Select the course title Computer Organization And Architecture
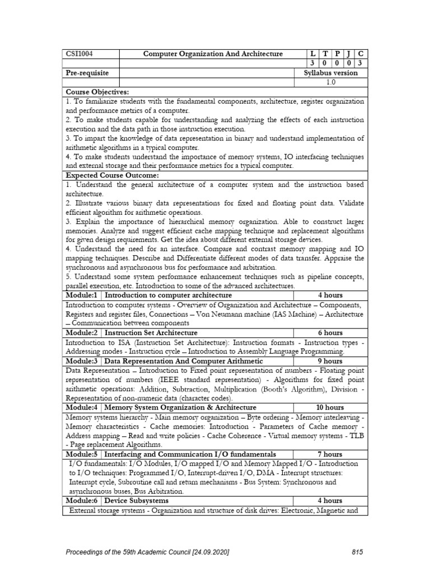point(213,54)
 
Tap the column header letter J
point(348,54)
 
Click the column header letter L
point(312,54)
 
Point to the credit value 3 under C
point(360,63)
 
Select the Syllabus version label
point(330,73)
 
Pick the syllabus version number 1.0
point(330,82)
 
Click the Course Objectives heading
point(97,92)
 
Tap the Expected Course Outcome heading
point(108,176)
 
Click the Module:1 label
point(82,295)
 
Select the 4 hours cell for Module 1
point(330,295)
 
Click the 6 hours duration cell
point(330,333)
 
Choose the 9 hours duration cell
point(330,361)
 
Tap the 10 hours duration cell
point(330,407)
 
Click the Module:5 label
point(82,454)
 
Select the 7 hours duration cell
point(330,454)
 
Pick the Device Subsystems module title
point(136,500)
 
